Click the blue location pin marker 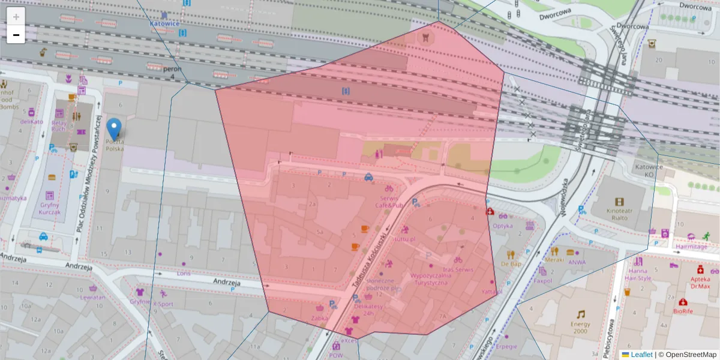[x=114, y=128]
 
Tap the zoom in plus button [x=16, y=17]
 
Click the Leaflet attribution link [x=641, y=355]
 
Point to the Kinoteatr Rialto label [x=619, y=214]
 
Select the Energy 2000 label [x=580, y=328]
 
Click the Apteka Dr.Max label [x=700, y=282]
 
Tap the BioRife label [x=683, y=311]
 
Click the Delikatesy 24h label [x=368, y=309]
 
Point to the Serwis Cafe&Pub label [x=389, y=202]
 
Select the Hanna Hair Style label [x=637, y=274]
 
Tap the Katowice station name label [x=164, y=24]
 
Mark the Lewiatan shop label [x=93, y=297]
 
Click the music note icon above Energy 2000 [x=580, y=314]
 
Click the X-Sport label [x=163, y=304]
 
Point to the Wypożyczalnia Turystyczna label [x=428, y=279]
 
